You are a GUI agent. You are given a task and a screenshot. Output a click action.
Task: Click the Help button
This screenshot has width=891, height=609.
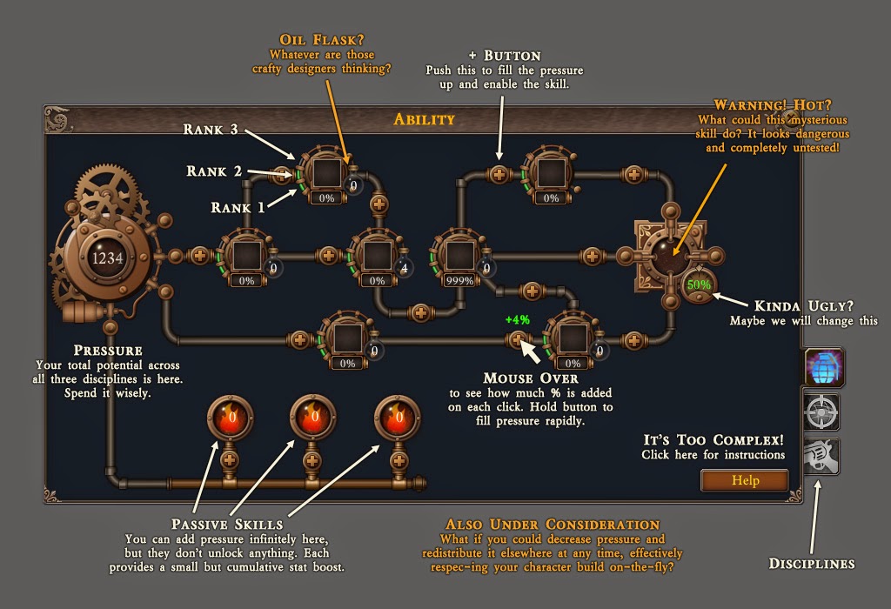pos(745,480)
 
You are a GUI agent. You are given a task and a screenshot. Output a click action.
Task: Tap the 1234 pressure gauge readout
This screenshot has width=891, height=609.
pos(107,258)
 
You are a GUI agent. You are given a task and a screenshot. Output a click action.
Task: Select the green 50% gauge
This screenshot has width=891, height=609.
pos(699,284)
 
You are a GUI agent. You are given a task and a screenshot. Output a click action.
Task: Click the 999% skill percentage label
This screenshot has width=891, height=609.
pos(459,281)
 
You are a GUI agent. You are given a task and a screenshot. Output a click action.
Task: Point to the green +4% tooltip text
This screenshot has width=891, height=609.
pos(517,320)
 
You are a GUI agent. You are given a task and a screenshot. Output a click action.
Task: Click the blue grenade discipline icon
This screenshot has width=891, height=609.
pos(823,367)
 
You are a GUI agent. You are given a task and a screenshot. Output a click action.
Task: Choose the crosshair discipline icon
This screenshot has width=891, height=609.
pos(821,412)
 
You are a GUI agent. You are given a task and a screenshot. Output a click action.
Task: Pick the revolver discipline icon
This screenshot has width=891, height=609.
pos(821,456)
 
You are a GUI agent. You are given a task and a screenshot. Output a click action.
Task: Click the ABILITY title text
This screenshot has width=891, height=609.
pos(425,119)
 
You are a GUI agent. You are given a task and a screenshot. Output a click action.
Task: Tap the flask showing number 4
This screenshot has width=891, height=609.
pos(404,268)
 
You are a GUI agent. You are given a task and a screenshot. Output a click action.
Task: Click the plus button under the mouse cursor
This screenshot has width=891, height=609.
pos(517,339)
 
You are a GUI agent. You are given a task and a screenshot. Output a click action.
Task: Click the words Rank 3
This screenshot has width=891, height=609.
pos(211,130)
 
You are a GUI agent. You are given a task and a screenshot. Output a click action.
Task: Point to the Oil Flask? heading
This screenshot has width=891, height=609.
pos(322,40)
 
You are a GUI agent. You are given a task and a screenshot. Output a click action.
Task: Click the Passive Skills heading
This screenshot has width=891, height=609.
pos(227,525)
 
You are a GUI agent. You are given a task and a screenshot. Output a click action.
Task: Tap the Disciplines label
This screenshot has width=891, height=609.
pos(812,564)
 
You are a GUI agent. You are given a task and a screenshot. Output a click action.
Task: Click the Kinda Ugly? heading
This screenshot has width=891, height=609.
pos(803,306)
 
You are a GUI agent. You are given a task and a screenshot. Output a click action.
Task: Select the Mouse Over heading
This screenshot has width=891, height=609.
pos(531,378)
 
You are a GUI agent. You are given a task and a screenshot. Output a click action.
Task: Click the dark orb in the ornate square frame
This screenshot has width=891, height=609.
pos(671,255)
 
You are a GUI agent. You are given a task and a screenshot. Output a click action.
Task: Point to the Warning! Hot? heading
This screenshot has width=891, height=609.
pos(773,105)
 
